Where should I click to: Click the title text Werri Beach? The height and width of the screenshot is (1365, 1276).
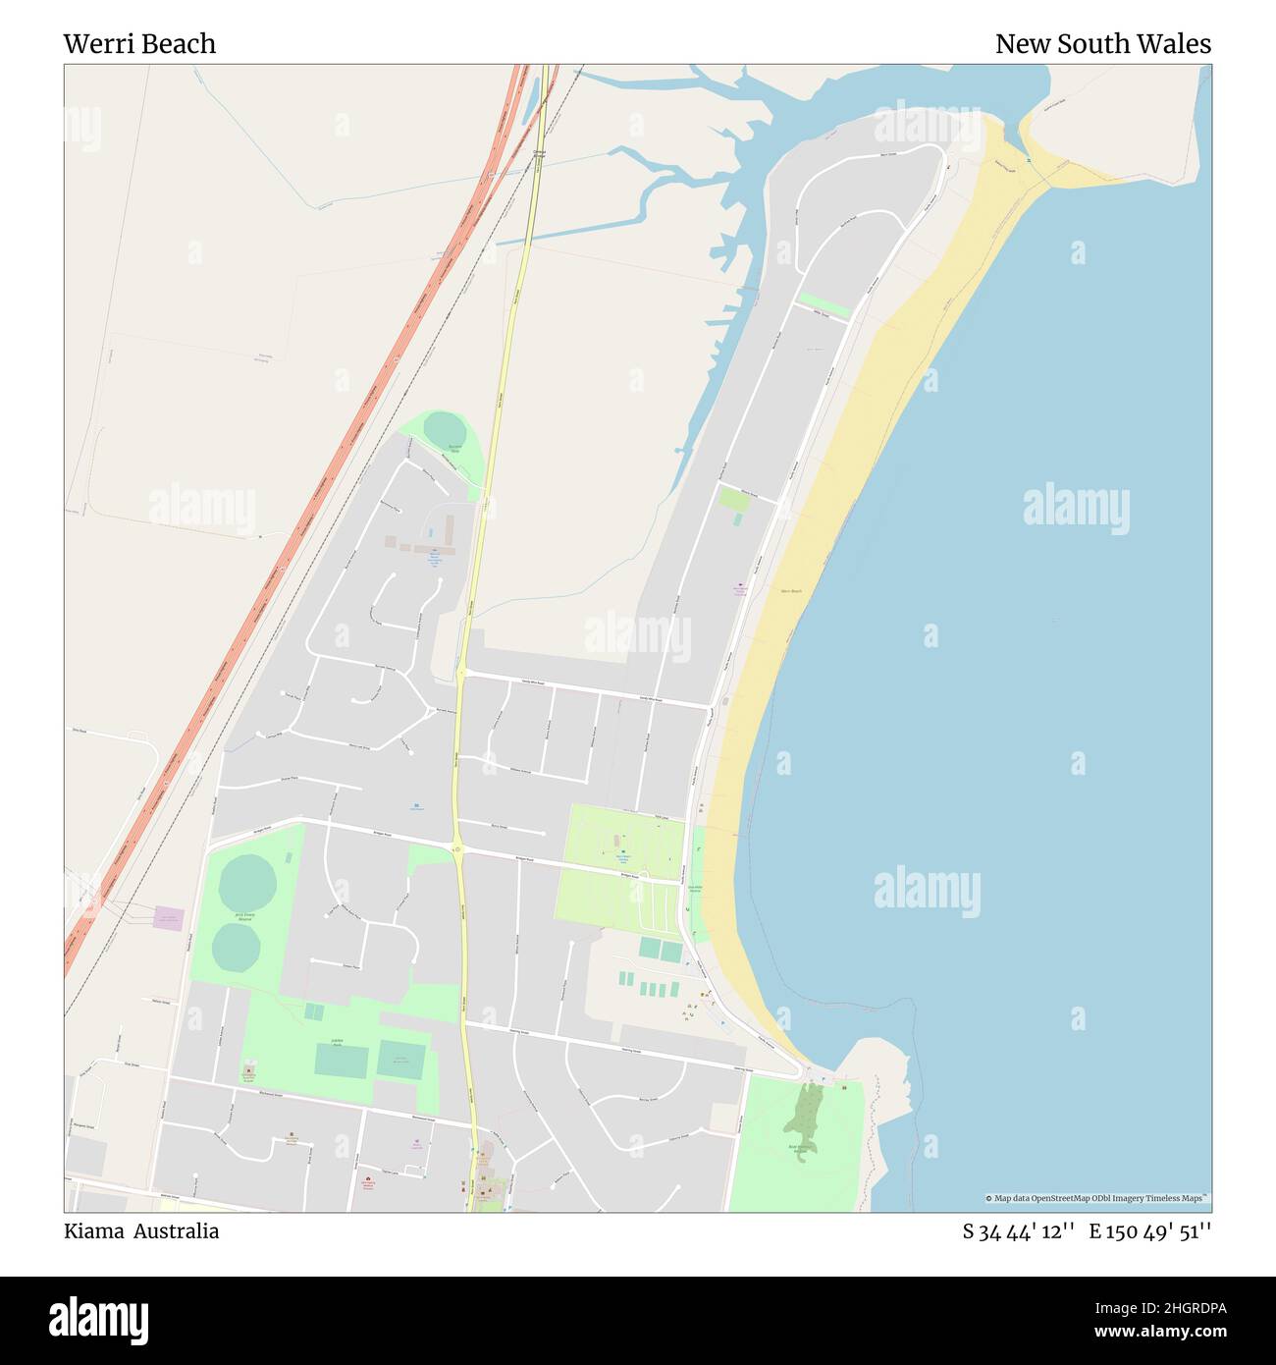[x=139, y=44]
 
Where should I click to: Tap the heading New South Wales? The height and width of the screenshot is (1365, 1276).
[x=1102, y=44]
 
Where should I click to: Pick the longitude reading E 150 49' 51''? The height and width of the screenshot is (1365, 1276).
[x=1149, y=1231]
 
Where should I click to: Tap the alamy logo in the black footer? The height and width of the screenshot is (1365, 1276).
[x=99, y=1319]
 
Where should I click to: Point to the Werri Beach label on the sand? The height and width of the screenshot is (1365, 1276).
[x=790, y=591]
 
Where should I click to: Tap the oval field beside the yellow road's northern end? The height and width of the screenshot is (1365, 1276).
[x=447, y=431]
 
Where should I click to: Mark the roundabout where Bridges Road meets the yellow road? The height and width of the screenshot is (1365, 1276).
[x=457, y=848]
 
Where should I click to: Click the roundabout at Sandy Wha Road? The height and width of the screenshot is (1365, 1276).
[x=461, y=673]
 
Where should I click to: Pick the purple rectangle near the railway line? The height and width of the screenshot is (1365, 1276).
[x=168, y=918]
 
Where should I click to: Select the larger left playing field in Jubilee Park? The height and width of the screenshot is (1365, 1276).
[x=342, y=1060]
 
